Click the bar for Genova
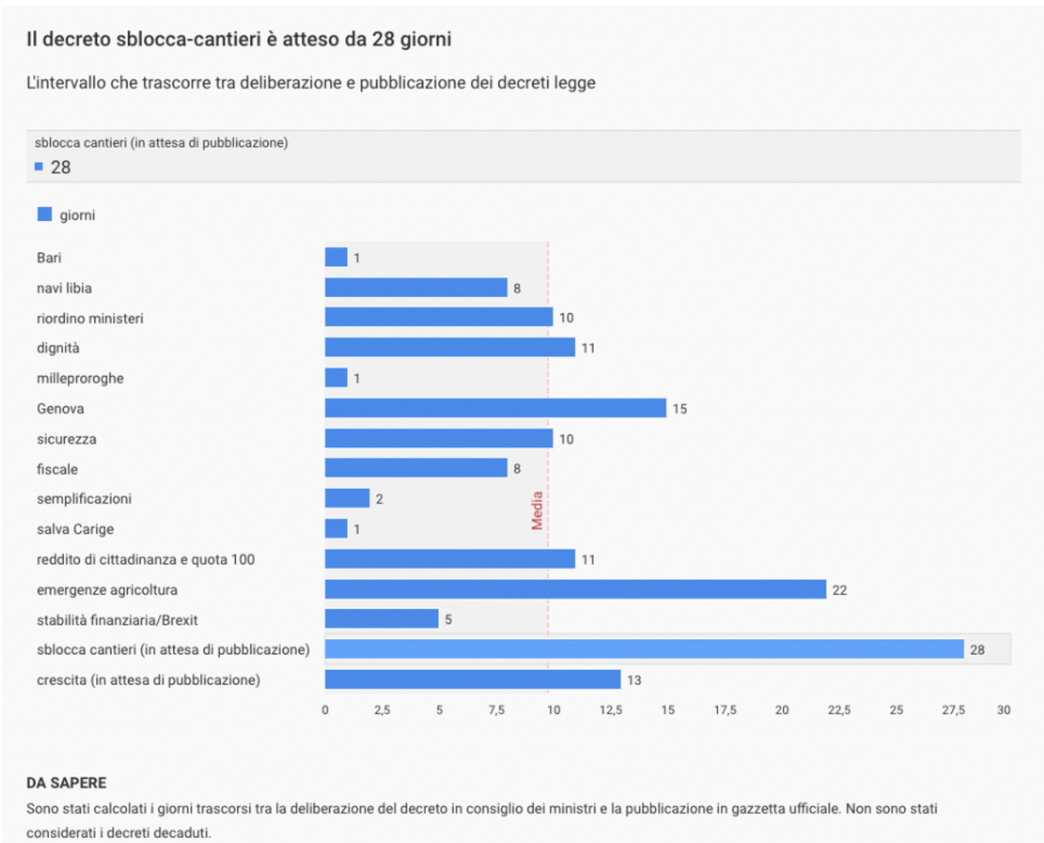click(x=495, y=408)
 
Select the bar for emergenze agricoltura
click(x=575, y=590)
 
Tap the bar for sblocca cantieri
click(x=644, y=649)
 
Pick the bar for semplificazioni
click(x=347, y=498)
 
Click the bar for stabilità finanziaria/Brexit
click(x=381, y=619)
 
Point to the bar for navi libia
click(x=415, y=288)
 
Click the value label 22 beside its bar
click(x=839, y=590)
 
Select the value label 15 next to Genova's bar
click(x=679, y=409)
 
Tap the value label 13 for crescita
click(x=634, y=680)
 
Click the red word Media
click(x=537, y=510)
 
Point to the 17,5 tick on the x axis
click(x=725, y=710)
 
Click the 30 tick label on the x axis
click(x=1003, y=710)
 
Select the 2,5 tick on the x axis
click(x=382, y=710)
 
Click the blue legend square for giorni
click(x=44, y=215)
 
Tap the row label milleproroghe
click(x=80, y=378)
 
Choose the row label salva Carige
click(x=75, y=529)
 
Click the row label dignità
click(x=58, y=348)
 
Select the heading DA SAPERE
click(x=67, y=782)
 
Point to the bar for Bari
click(x=336, y=257)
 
